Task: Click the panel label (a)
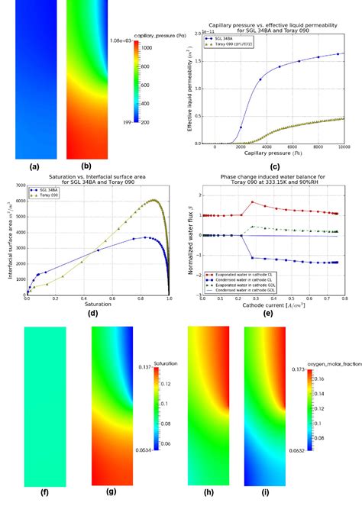coord(34,166)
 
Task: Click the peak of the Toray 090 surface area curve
coord(154,200)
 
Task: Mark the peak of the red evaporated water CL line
coord(252,202)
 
